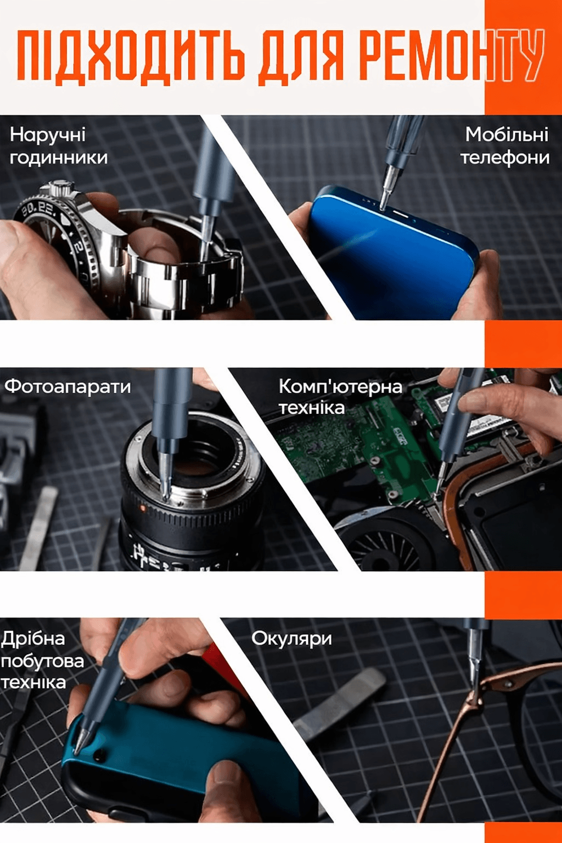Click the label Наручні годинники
(59, 146)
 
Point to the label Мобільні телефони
(505, 146)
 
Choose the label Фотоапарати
(68, 386)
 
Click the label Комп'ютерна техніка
(340, 397)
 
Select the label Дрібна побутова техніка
(43, 660)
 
